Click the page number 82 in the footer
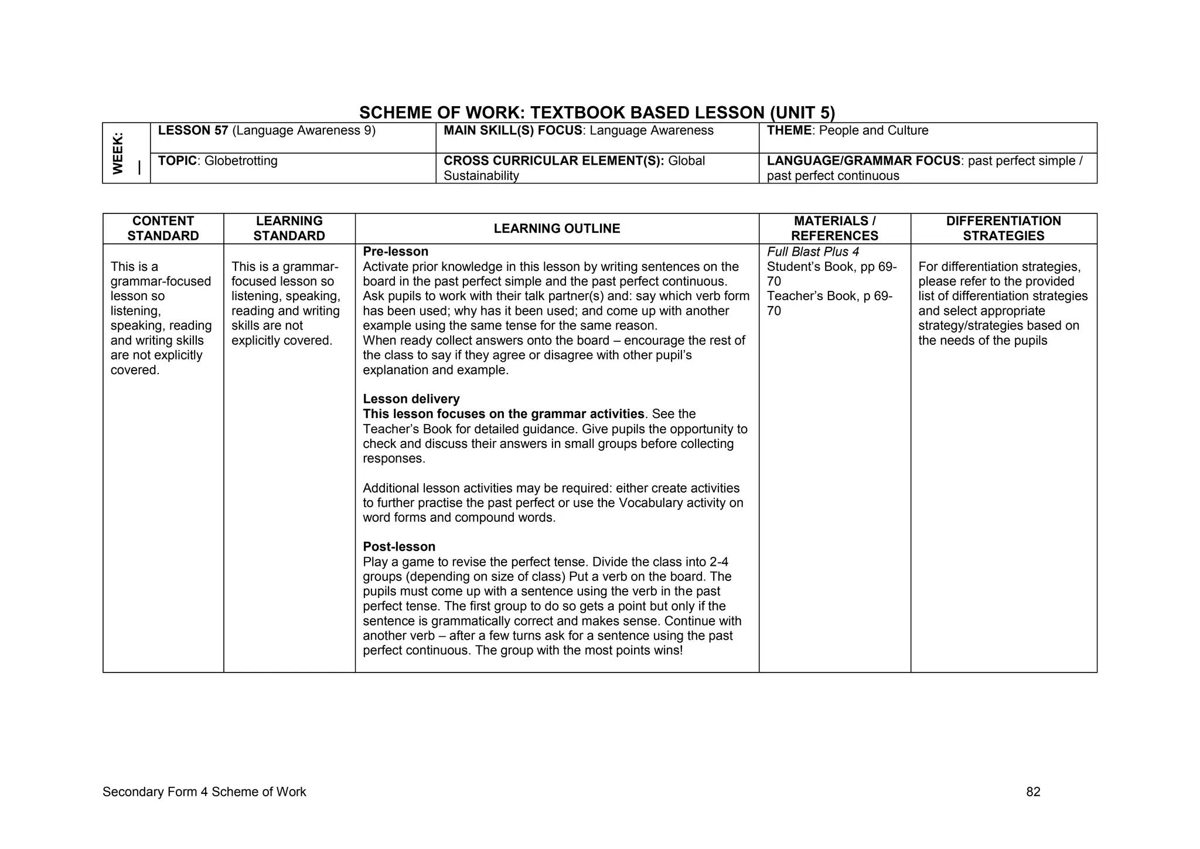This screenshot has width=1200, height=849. [x=1033, y=792]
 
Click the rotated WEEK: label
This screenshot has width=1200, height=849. [x=118, y=153]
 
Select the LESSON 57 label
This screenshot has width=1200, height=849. [x=193, y=131]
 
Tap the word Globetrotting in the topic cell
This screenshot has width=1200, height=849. [x=241, y=161]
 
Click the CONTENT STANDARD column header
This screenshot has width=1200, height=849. [x=163, y=229]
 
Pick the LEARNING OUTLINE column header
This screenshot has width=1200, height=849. [x=557, y=229]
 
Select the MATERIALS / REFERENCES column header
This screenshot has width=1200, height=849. [x=834, y=229]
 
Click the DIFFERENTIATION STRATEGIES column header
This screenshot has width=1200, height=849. [x=1003, y=229]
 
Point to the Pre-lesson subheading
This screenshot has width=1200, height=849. [x=396, y=252]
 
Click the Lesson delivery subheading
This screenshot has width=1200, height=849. [x=411, y=399]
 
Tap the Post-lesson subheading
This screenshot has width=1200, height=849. [x=399, y=547]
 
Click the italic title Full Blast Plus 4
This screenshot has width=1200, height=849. [x=813, y=252]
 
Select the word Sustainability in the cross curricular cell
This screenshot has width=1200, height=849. [x=481, y=176]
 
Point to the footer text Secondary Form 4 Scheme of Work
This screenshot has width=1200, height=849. [x=204, y=792]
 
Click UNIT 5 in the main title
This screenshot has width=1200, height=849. [x=802, y=113]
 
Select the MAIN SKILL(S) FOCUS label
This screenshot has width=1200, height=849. [x=513, y=131]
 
